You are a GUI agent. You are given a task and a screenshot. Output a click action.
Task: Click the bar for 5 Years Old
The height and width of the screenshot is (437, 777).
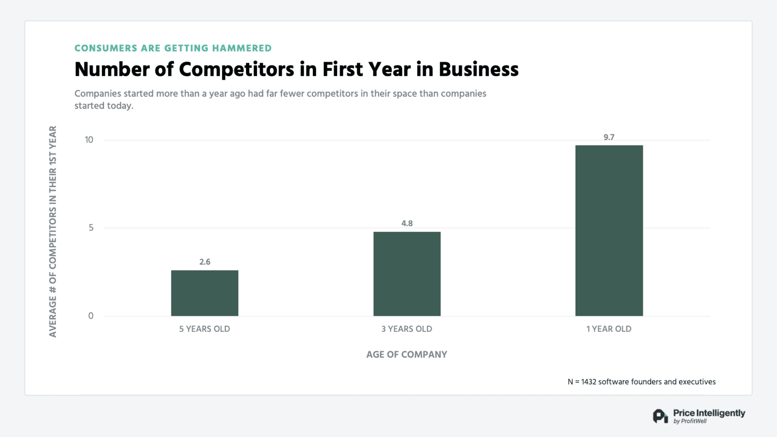coord(205,293)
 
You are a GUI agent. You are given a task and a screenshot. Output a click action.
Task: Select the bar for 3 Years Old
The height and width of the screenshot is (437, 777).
coord(407,274)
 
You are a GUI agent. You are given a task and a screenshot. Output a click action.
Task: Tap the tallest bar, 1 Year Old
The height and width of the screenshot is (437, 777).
coord(609,230)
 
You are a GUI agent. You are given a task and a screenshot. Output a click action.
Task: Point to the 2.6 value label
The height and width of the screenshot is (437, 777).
coord(205,262)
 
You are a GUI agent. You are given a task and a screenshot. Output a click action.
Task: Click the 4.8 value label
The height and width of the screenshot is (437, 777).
coord(407,224)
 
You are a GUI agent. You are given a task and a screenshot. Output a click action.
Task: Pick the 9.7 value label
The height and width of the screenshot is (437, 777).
coord(609,137)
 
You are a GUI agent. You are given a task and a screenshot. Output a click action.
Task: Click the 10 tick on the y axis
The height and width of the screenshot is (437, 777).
coord(89,140)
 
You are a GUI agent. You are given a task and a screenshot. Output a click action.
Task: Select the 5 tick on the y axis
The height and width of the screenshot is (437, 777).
coord(91,228)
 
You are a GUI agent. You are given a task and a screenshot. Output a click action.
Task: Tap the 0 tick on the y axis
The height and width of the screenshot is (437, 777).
coord(91,316)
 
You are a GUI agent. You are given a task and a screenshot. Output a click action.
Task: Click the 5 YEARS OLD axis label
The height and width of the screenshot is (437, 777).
coord(205,329)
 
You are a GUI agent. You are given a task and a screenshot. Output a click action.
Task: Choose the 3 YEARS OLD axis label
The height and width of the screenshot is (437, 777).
coord(407,329)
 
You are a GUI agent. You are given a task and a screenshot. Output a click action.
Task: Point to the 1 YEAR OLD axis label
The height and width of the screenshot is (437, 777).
coord(609,329)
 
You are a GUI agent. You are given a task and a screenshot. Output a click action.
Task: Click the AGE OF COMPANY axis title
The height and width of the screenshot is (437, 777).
coord(407,355)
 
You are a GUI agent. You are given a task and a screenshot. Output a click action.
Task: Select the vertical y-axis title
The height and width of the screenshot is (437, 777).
coord(53,231)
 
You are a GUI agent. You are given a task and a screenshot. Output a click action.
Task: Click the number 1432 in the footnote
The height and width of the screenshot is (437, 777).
coord(588,382)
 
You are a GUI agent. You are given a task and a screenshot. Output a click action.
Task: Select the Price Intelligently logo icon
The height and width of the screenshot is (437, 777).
coord(660,416)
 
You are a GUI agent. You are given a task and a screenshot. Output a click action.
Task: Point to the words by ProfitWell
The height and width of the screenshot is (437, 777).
coord(690,421)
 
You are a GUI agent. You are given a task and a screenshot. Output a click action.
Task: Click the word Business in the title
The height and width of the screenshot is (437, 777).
coord(479,69)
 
